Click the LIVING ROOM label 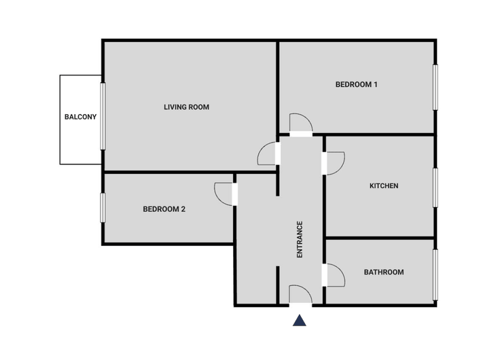tap(187, 107)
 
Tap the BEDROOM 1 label tap(357, 84)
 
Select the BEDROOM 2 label tap(164, 209)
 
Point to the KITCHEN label tap(384, 185)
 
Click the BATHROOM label tap(384, 272)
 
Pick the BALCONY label tap(80, 117)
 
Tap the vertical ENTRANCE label tap(300, 240)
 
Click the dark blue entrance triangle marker tap(300, 321)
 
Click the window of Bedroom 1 tap(435, 87)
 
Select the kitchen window tap(435, 187)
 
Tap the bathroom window tap(435, 274)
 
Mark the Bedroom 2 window tap(103, 208)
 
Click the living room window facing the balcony tap(103, 116)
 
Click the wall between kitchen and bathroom tap(380, 238)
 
